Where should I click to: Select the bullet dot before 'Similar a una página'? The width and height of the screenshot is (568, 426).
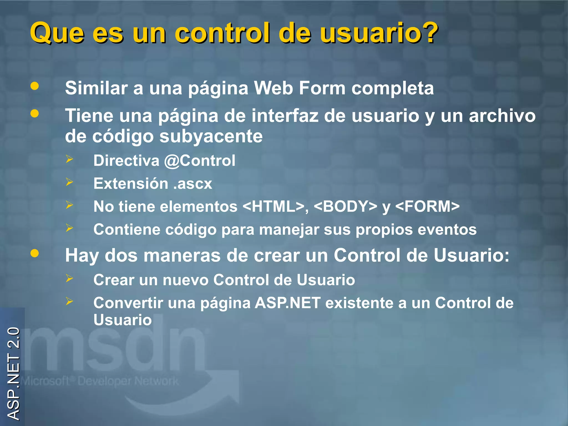35,86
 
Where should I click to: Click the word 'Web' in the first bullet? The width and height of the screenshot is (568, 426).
273,88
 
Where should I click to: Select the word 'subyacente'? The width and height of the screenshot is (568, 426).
211,136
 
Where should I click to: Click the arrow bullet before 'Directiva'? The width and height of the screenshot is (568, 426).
69,159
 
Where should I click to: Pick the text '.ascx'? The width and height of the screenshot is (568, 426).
192,184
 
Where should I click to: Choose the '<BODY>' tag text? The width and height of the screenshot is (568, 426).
346,207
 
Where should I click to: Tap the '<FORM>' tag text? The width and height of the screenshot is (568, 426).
427,207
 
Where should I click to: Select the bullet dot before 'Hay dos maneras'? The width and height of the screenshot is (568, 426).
35,253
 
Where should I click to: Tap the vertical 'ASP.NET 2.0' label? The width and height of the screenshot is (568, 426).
13,373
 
